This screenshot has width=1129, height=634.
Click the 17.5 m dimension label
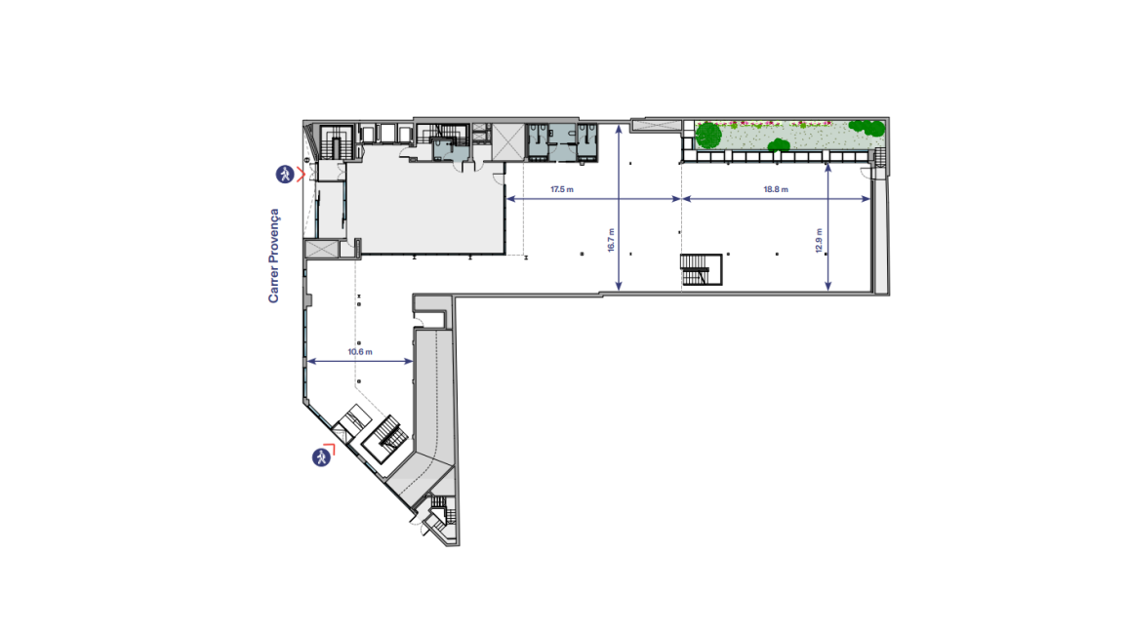(x=562, y=190)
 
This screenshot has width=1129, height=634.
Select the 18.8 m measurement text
(x=776, y=190)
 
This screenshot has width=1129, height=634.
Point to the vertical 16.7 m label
(x=611, y=240)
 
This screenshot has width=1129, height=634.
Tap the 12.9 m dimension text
(x=819, y=240)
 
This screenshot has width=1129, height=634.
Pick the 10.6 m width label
(x=360, y=352)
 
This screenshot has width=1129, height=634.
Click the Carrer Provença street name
(x=273, y=256)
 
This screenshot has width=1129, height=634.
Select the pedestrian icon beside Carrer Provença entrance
(x=285, y=175)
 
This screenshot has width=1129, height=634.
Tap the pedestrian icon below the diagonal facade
(x=321, y=456)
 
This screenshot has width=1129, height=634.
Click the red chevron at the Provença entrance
(x=301, y=174)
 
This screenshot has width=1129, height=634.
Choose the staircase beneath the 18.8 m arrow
(x=701, y=269)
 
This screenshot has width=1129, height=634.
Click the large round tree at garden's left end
(x=709, y=135)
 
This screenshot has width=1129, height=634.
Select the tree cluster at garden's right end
(x=867, y=128)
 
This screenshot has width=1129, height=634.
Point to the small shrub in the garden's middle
(x=779, y=145)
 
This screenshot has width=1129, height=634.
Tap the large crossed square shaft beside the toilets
(x=507, y=141)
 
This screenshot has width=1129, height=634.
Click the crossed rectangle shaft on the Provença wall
(x=322, y=249)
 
